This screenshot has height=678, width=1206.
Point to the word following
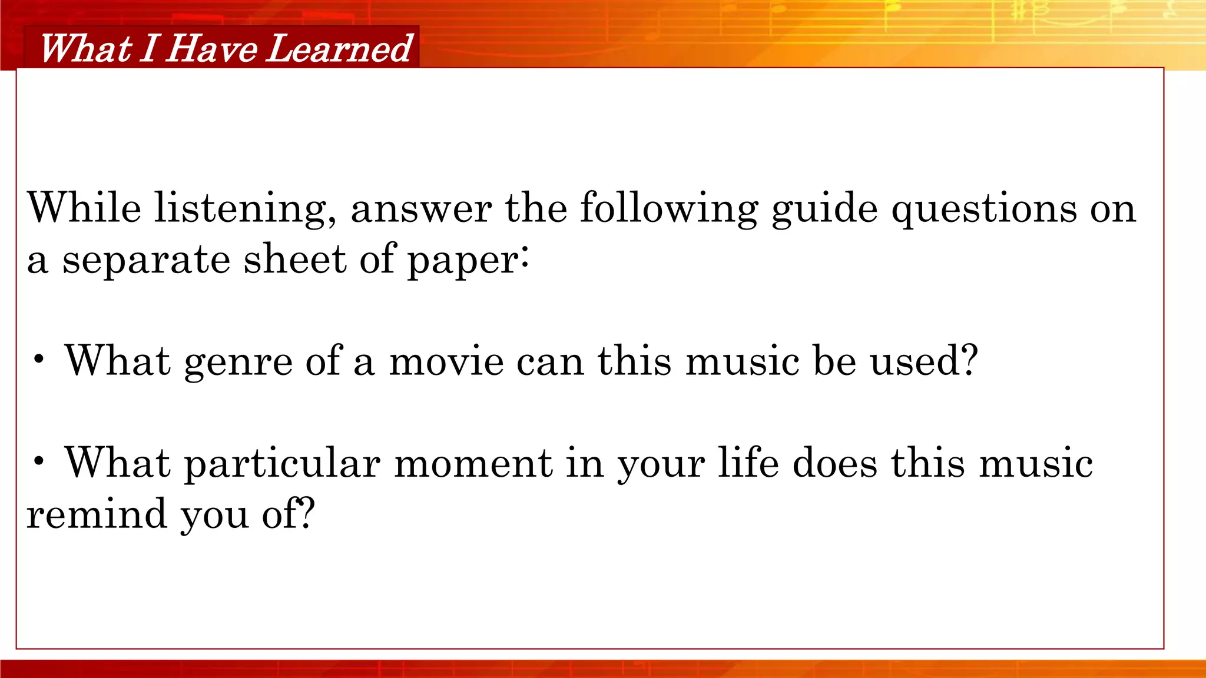668,210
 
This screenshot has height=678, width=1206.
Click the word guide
824,210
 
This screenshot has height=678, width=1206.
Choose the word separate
146,261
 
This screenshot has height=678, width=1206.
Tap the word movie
446,361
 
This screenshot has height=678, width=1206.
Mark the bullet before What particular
39,463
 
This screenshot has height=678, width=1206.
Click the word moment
473,463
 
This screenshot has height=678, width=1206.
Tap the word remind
97,514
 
